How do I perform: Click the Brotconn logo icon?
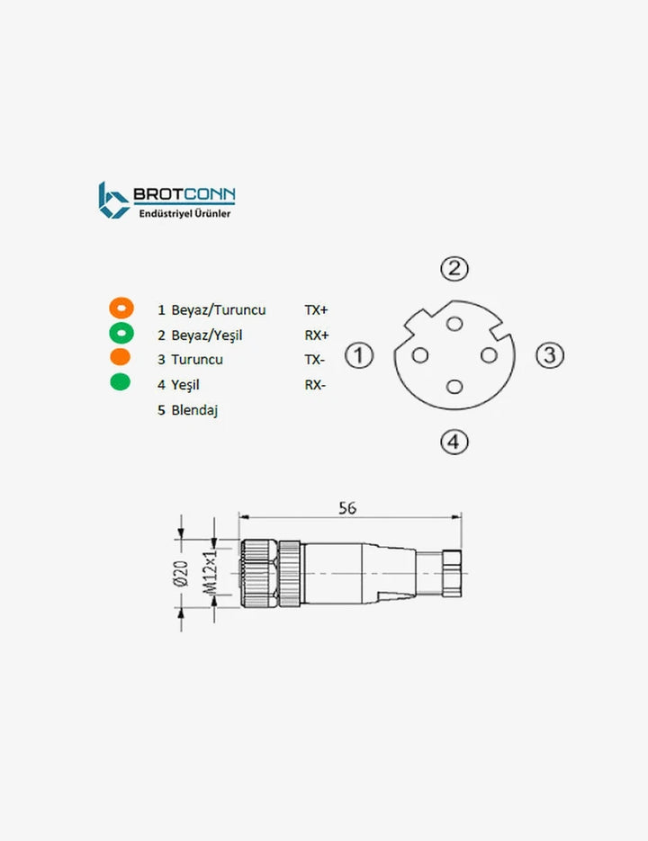(113, 200)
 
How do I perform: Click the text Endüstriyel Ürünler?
(184, 213)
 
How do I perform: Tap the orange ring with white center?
(121, 309)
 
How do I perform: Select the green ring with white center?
(121, 333)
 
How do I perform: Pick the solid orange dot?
(120, 357)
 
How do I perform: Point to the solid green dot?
(120, 381)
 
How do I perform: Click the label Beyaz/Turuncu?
(218, 310)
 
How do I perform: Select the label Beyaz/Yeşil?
(207, 336)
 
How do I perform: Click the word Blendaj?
(194, 410)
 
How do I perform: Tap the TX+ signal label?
(316, 310)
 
